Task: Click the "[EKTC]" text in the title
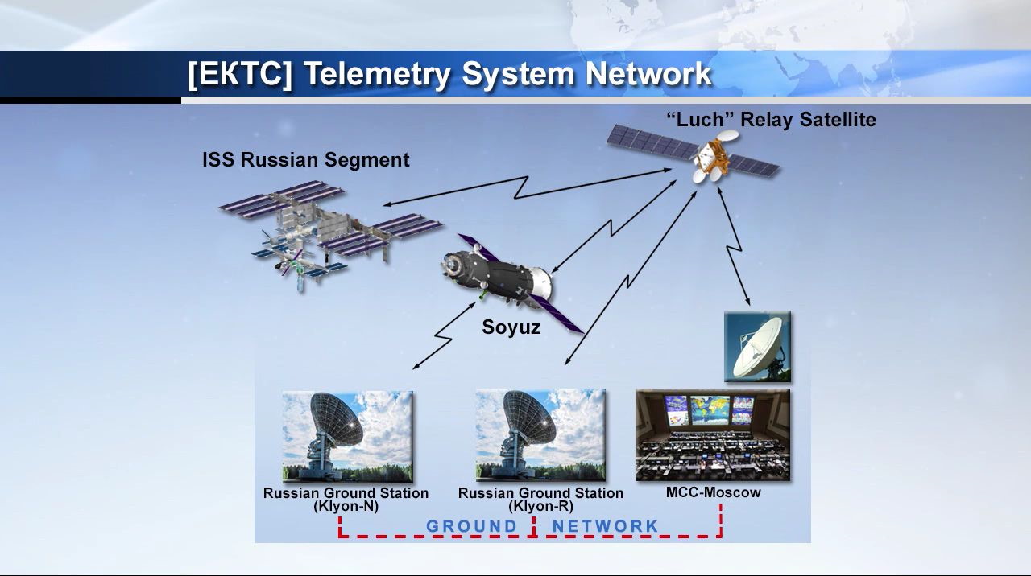tap(239, 74)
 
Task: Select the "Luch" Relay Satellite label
tap(771, 120)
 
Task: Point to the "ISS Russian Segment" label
tap(305, 160)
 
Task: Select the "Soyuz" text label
tap(511, 327)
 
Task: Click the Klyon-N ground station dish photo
tap(347, 436)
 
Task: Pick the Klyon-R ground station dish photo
tap(540, 435)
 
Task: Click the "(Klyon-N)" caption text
tap(346, 507)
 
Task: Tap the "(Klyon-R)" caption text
tap(540, 507)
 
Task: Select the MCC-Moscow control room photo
tap(713, 435)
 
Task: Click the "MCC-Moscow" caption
tap(713, 492)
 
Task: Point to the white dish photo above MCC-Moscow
tap(757, 347)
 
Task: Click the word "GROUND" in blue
tap(472, 526)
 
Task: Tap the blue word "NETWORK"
tap(605, 526)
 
